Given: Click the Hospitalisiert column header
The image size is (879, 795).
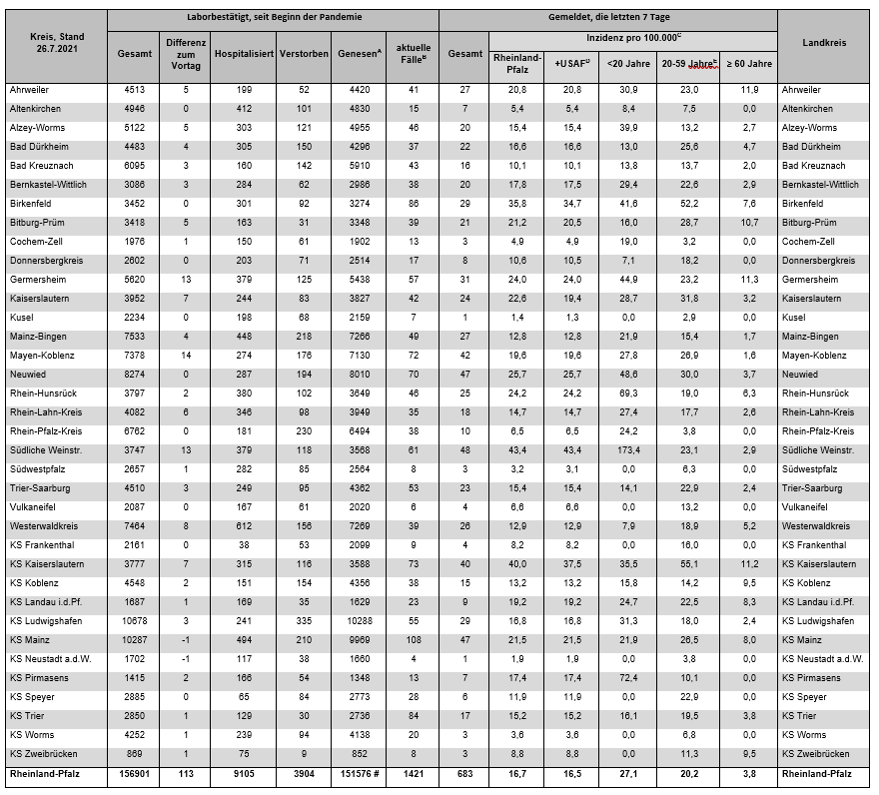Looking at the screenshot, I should (x=244, y=51).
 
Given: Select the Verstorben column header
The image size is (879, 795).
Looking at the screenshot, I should (x=304, y=51).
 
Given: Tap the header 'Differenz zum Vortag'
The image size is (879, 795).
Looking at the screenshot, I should (x=187, y=51).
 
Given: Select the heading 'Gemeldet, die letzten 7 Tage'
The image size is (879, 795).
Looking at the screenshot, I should (x=607, y=18).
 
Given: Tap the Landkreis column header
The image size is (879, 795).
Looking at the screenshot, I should (x=825, y=44).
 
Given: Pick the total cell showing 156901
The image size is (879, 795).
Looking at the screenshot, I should (x=133, y=773).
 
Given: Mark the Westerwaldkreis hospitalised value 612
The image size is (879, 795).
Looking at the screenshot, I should (x=244, y=526).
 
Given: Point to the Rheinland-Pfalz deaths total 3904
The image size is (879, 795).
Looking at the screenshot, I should (x=304, y=773).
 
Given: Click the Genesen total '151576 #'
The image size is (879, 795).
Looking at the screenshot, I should (x=359, y=773).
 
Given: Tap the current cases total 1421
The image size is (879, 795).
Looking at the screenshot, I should (x=413, y=773).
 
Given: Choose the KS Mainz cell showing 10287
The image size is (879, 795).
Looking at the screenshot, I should (x=133, y=640).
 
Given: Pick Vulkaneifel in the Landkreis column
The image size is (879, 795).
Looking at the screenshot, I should (x=807, y=507).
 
